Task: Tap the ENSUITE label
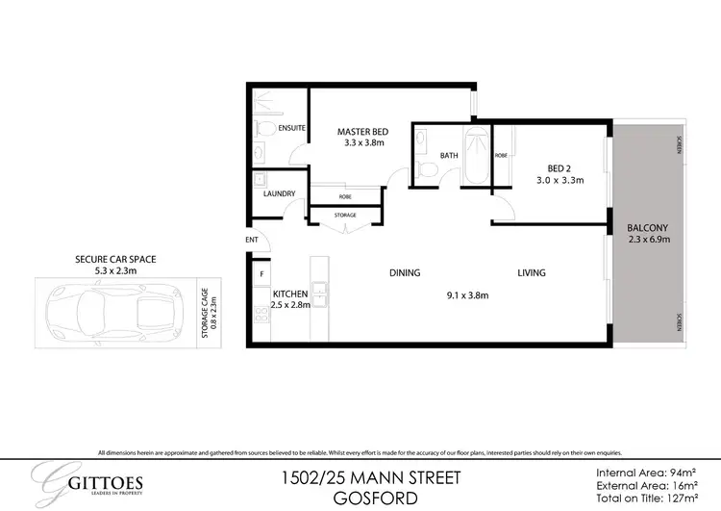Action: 292,127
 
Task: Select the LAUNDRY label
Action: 279,193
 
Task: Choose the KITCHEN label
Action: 289,293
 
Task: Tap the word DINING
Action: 405,272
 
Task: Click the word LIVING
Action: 531,272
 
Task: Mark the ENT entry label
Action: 252,240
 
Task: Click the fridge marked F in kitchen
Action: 261,274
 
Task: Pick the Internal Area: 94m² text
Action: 646,473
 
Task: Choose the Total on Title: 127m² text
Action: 646,499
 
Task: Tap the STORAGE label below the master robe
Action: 345,215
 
